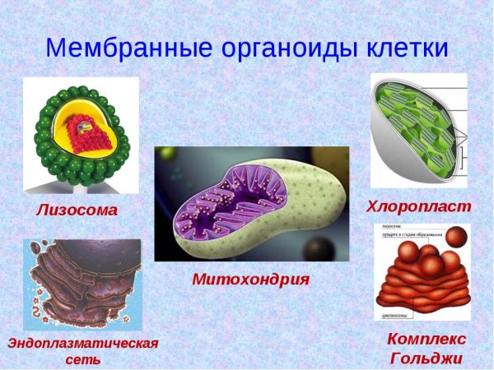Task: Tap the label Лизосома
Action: click(x=77, y=210)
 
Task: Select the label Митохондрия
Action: click(x=250, y=279)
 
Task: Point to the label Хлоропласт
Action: click(x=418, y=206)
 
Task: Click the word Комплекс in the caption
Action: click(x=426, y=339)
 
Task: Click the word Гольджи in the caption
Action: click(x=426, y=358)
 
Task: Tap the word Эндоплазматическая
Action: click(x=82, y=342)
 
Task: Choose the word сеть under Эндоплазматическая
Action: click(x=82, y=359)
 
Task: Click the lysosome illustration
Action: click(x=81, y=136)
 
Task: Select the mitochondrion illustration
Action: click(x=251, y=206)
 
